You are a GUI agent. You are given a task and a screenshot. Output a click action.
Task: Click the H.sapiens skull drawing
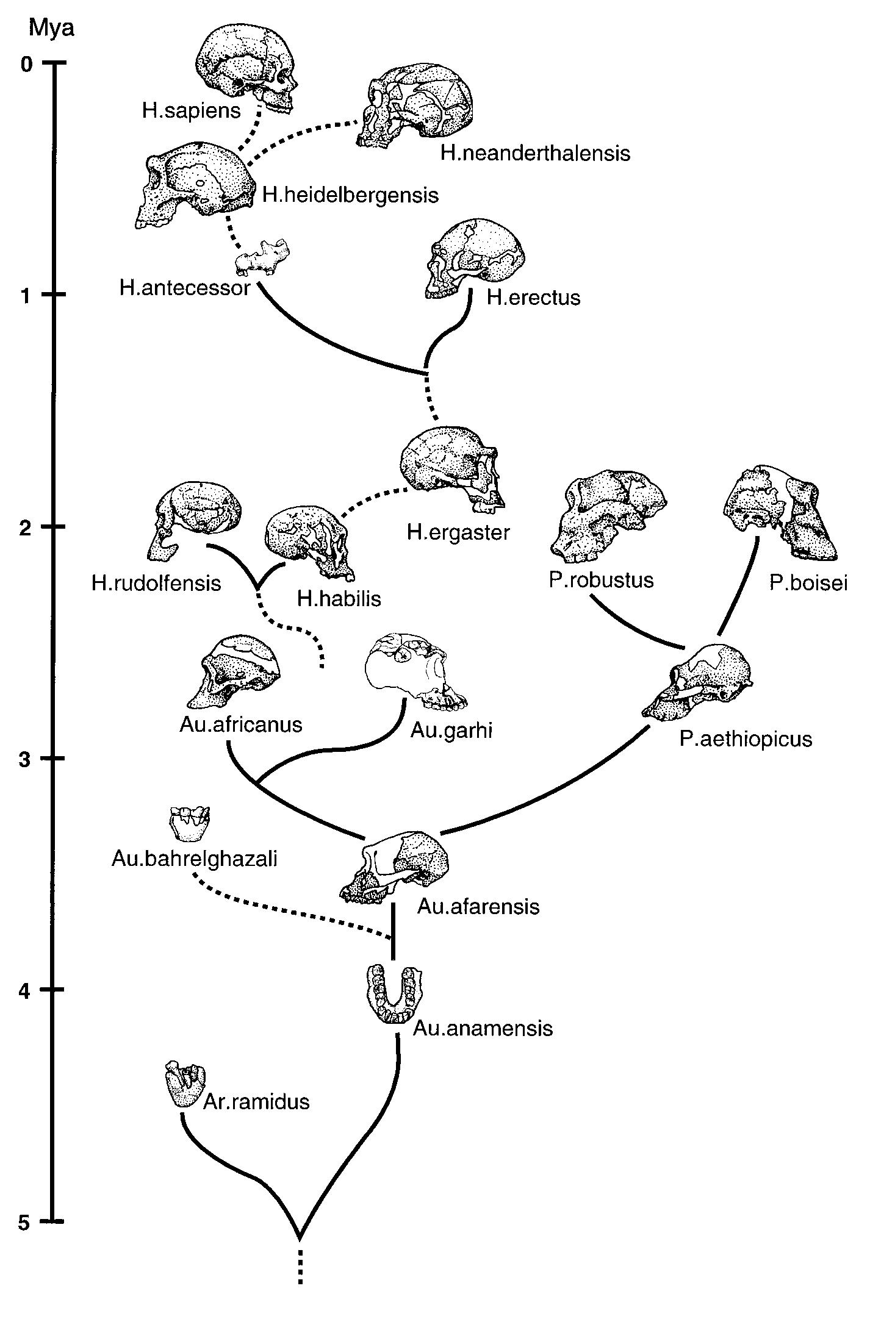[244, 70]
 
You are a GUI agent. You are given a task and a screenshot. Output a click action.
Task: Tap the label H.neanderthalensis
[535, 152]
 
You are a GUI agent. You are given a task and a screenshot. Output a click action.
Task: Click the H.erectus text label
[533, 298]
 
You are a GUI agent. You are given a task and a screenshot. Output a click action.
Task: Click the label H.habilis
[339, 598]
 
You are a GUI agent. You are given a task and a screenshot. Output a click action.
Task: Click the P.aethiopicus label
[746, 739]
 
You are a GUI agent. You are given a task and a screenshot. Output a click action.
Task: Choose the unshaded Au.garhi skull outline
[415, 671]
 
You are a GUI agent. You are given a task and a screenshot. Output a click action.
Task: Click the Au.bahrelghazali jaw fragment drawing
[189, 823]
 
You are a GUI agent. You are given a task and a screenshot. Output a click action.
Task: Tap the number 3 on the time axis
[24, 759]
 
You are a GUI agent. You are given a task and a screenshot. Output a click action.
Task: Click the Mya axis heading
[51, 28]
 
